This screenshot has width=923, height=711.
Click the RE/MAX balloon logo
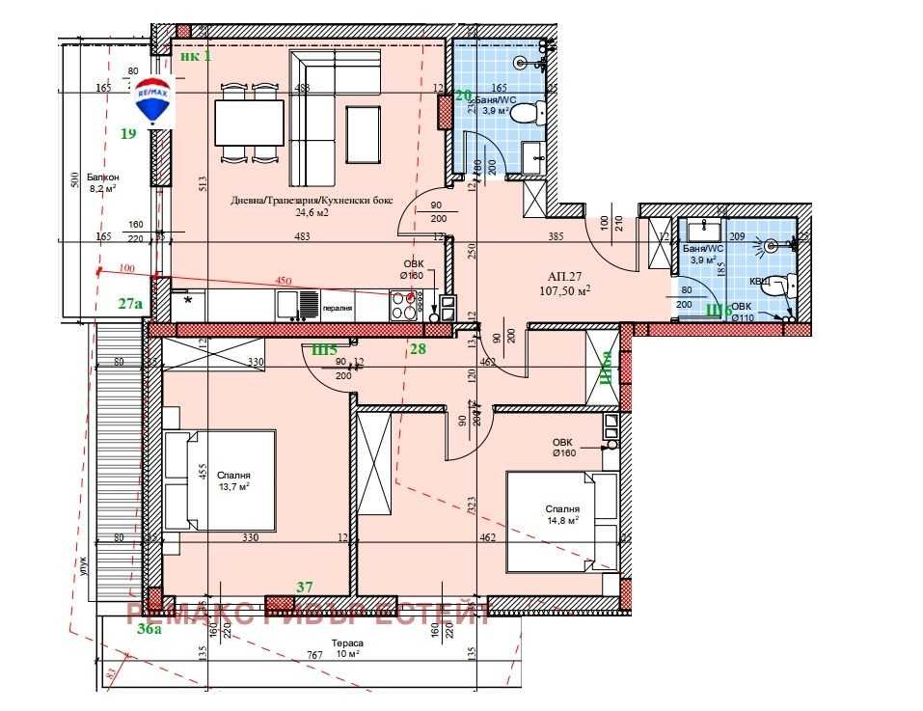152,100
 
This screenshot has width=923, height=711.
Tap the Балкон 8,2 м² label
102,183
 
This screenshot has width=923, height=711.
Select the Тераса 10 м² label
346,647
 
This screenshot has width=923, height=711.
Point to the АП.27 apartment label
566,280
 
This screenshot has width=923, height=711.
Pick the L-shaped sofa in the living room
323,116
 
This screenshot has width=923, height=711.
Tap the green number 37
305,587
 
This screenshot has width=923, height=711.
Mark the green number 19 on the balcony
127,134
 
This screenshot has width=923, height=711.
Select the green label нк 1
195,55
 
